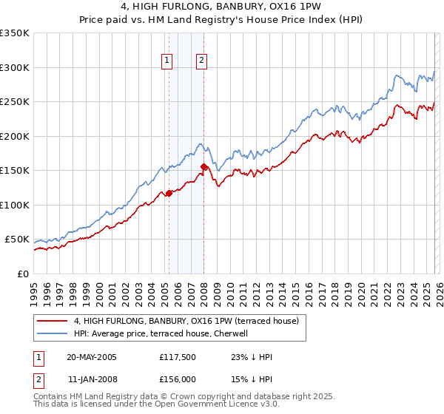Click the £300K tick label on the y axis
tap(15, 67)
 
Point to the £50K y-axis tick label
tap(18, 240)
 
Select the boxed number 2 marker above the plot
tap(201, 61)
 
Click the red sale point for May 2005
tap(169, 193)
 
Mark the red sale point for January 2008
tap(203, 166)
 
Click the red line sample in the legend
tap(53, 321)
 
